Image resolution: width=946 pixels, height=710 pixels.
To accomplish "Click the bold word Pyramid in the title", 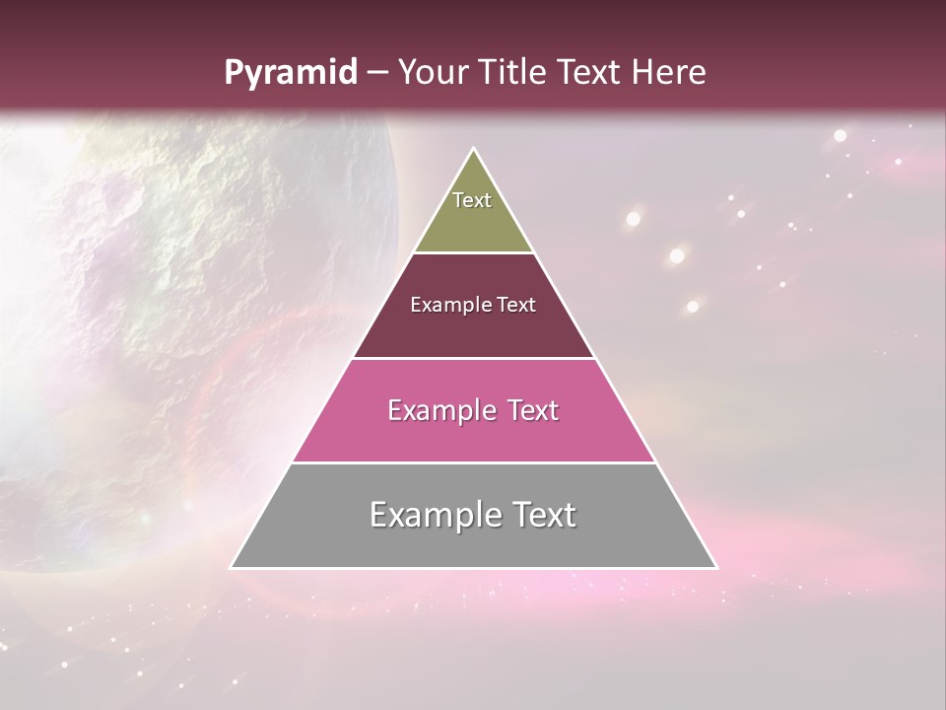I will coord(290,73).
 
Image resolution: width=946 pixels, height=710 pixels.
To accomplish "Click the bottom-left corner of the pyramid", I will coord(232,567).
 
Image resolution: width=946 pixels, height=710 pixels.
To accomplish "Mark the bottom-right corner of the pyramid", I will coord(716,567).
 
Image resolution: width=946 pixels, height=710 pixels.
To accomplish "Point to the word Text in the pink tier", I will coord(530,410).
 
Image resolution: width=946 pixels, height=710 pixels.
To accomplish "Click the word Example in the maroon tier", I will coord(446,305).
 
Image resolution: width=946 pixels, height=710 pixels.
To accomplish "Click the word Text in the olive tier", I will coord(472,200).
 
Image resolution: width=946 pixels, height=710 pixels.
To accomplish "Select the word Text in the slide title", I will coord(591,73).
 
